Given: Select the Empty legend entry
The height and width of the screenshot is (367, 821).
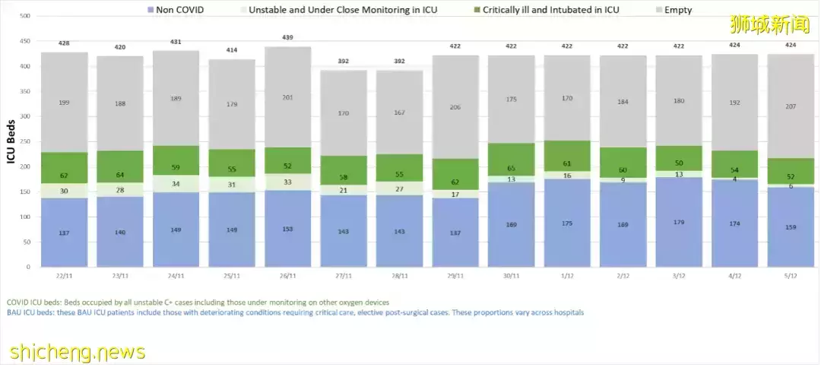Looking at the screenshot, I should tap(676, 10).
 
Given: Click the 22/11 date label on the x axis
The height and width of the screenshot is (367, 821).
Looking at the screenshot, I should tap(64, 276).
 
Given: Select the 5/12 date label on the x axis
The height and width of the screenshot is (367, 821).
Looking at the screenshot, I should tap(791, 276).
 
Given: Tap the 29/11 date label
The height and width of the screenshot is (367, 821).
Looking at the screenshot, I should tap(455, 276).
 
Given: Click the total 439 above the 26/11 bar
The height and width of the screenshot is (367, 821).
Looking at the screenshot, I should tap(288, 37).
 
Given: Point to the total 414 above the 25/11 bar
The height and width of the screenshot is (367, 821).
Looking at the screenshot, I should tap(232, 49).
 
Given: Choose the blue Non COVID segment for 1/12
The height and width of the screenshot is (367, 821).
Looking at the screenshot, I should tap(567, 223).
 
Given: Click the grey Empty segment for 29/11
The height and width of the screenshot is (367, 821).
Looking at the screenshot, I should tap(455, 107).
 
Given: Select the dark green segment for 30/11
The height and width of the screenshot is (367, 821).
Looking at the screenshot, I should tap(511, 160).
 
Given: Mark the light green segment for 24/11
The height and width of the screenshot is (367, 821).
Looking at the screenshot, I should tap(176, 184).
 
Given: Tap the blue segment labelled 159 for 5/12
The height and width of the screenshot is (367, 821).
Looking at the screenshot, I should tap(791, 226).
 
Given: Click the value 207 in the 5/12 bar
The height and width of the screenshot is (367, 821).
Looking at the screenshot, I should tap(791, 106).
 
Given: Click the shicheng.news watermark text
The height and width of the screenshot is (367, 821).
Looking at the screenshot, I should tap(78, 352).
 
